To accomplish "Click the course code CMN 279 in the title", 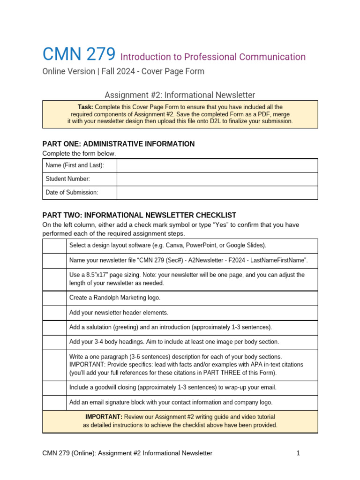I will (79, 55).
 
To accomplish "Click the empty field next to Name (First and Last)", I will (217, 165).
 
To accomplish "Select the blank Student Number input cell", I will (217, 179).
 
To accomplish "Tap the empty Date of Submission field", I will (217, 193).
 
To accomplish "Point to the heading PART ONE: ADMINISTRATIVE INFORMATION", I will (119, 144).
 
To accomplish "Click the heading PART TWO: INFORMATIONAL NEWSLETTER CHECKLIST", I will (139, 215).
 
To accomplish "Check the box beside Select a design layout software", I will (54, 246).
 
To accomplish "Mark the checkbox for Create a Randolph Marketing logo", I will (54, 298).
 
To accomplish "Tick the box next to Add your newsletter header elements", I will (54, 313).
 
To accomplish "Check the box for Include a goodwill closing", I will (54, 388).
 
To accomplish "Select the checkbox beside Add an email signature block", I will (54, 403).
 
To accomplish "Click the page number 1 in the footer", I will (298, 453).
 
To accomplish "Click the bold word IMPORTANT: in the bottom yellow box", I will (104, 417).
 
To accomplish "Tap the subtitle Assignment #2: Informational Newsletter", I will (180, 95).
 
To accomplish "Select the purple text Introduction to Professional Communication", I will (213, 57).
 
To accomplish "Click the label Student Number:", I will (67, 179).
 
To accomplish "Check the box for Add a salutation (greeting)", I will (54, 327).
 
